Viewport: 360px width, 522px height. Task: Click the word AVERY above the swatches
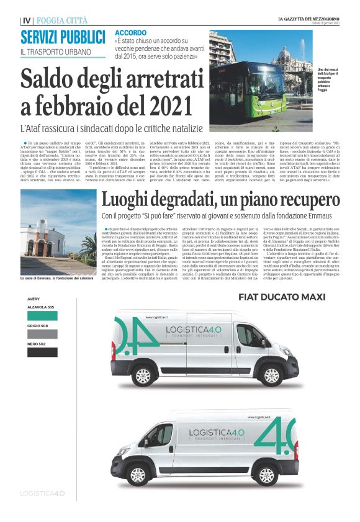point(34,299)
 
